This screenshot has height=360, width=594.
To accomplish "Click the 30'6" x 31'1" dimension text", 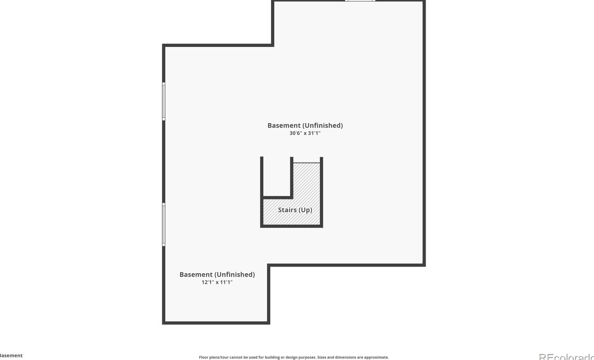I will [x=305, y=133].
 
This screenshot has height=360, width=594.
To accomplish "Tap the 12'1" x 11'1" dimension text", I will [x=217, y=282].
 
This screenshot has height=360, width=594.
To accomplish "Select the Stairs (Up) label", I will [x=295, y=210].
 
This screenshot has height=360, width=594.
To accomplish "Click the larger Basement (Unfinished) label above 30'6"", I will [x=305, y=125].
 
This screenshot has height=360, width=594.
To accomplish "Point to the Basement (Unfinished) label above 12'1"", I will [x=217, y=274].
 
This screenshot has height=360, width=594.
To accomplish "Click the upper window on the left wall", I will [x=164, y=101].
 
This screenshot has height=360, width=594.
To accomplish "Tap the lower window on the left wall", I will [x=164, y=225].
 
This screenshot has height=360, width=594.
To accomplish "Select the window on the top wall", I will [x=360, y=1].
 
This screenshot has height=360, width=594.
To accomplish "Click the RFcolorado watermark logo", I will [x=566, y=357].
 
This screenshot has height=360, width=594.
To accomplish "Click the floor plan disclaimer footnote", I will [x=294, y=357].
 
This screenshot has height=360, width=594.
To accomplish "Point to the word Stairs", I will [x=287, y=210].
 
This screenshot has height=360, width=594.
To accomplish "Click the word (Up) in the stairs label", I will [x=305, y=210].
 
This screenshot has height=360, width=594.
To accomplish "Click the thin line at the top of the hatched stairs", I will [x=307, y=163].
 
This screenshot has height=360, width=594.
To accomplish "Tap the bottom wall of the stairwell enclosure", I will [x=292, y=226].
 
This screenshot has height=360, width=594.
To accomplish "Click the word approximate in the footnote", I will [x=376, y=357].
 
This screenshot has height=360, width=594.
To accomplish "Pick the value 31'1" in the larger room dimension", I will [x=314, y=133].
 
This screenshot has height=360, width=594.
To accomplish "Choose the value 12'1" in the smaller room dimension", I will [x=208, y=282].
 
